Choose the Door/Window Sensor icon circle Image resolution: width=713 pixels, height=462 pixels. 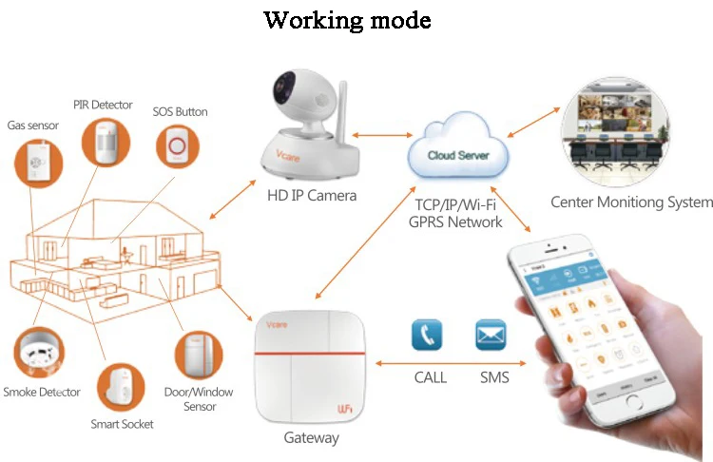click(x=200, y=357)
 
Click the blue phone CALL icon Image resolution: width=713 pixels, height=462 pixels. click(x=427, y=336)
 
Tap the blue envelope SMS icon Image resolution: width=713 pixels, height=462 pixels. click(x=491, y=336)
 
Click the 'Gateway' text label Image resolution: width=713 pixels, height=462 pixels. click(x=311, y=438)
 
